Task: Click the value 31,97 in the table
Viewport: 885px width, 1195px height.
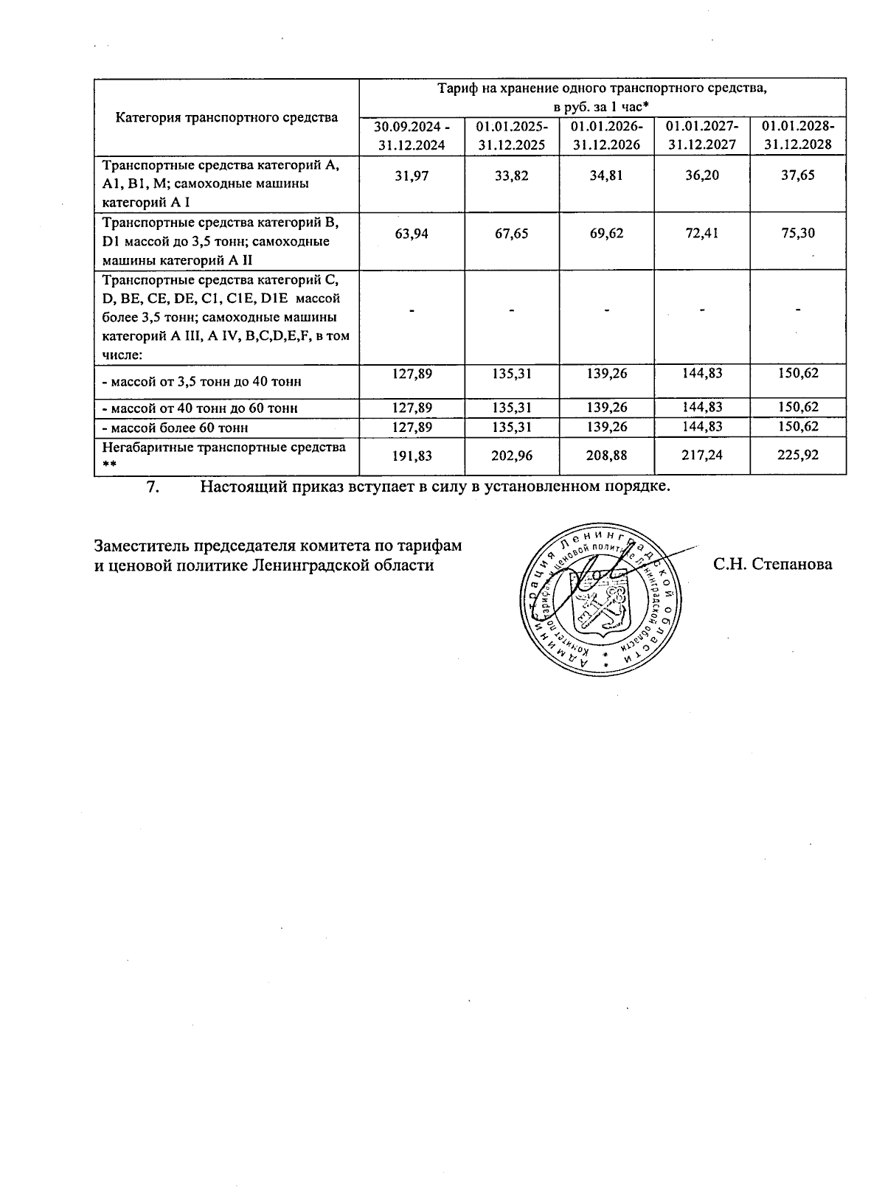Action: (412, 176)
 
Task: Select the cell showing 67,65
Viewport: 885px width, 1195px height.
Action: (511, 234)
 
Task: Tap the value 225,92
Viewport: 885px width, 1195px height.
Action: (797, 456)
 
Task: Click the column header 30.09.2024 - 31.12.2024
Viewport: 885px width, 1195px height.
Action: (412, 135)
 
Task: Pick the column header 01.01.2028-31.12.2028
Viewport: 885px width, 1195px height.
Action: (798, 135)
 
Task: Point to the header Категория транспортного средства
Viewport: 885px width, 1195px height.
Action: (226, 117)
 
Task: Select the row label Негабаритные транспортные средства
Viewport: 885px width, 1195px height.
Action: (223, 447)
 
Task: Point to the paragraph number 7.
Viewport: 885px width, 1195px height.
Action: (153, 487)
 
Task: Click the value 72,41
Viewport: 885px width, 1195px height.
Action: (701, 234)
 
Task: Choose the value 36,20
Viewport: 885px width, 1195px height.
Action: (701, 176)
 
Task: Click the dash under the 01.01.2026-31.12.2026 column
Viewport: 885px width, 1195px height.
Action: (606, 310)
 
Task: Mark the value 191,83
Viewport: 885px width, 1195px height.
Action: (412, 456)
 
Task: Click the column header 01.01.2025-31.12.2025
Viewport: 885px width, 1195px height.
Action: (511, 135)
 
